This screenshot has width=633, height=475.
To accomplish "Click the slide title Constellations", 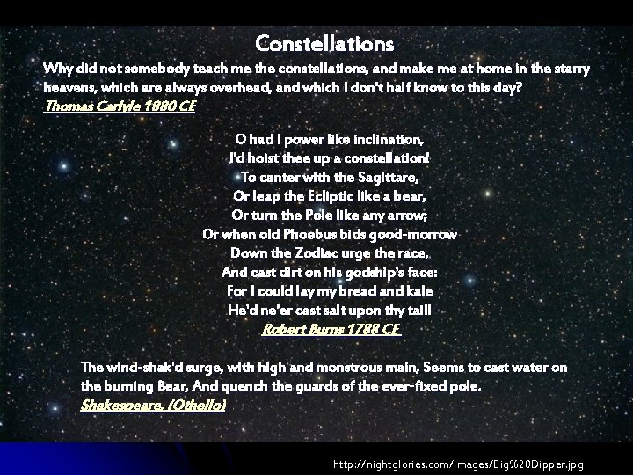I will (x=324, y=42).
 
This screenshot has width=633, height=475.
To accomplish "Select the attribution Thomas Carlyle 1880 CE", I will (x=120, y=106).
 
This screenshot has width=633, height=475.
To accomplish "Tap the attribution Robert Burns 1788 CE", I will (x=331, y=329).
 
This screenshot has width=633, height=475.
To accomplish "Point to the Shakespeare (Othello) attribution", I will (x=153, y=405).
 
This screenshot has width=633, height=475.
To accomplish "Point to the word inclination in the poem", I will (x=388, y=139).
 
